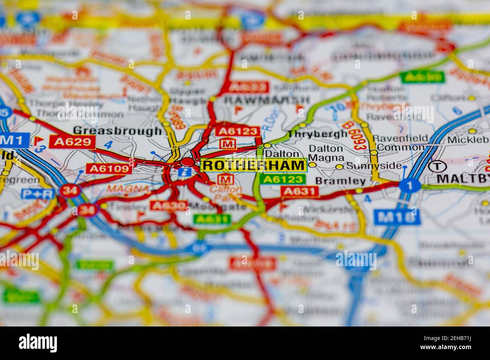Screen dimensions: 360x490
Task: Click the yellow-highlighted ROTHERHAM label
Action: pyautogui.click(x=253, y=165)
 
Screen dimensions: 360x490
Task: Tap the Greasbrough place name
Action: pyautogui.click(x=117, y=131)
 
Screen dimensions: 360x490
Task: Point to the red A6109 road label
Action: pyautogui.click(x=109, y=168)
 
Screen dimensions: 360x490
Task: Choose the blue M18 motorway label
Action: pyautogui.click(x=397, y=217)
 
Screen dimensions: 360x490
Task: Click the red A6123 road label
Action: pyautogui.click(x=238, y=131)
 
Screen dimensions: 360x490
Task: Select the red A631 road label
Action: pyautogui.click(x=300, y=192)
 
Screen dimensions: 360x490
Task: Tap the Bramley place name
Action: pyautogui.click(x=340, y=181)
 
